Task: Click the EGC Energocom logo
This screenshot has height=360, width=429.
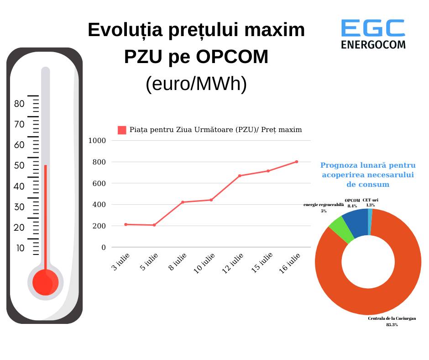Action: coord(373,34)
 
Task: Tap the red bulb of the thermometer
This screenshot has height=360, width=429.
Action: coord(45,281)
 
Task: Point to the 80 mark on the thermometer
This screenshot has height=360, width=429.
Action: coord(20,104)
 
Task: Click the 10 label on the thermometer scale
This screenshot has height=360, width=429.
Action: coord(20,248)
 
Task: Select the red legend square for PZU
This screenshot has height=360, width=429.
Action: coord(122,130)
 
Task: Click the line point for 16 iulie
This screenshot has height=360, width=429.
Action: coord(297,162)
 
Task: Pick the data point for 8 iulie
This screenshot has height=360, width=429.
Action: coord(183,202)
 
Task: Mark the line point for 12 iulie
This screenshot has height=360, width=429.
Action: coord(240,176)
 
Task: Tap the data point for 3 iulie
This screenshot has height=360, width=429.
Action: coord(126,224)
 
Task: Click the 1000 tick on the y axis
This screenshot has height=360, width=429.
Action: coord(97,141)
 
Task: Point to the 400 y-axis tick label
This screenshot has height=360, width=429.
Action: coord(100,205)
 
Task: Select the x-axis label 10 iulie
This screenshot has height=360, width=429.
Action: coord(204,263)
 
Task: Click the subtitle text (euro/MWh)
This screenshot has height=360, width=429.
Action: coord(196,84)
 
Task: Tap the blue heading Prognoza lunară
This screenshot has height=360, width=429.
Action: coord(368,175)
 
